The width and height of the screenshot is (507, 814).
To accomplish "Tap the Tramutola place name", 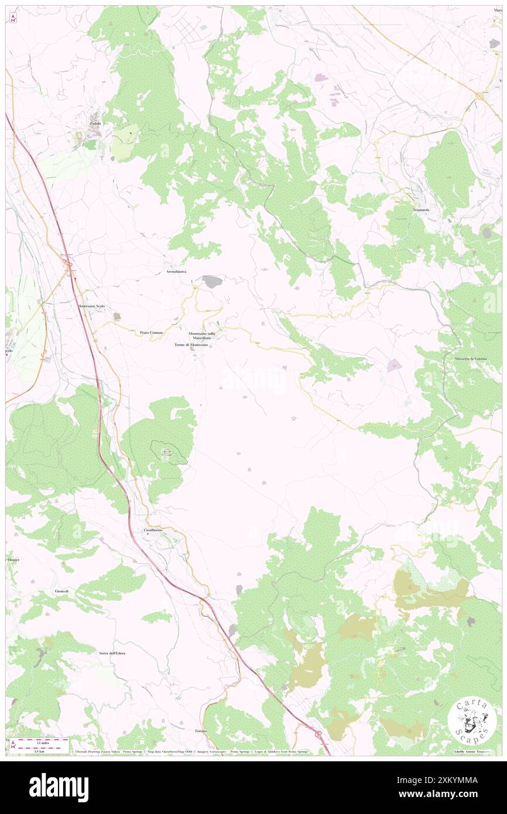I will (421, 210).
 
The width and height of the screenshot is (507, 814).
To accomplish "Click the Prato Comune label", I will (152, 333).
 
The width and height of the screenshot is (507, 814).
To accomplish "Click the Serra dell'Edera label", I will (112, 652).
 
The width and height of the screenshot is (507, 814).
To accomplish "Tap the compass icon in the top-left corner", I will (13, 19).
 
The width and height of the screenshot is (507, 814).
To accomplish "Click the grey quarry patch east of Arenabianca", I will (212, 282).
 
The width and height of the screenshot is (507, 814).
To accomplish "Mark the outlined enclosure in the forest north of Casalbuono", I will (169, 452).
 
